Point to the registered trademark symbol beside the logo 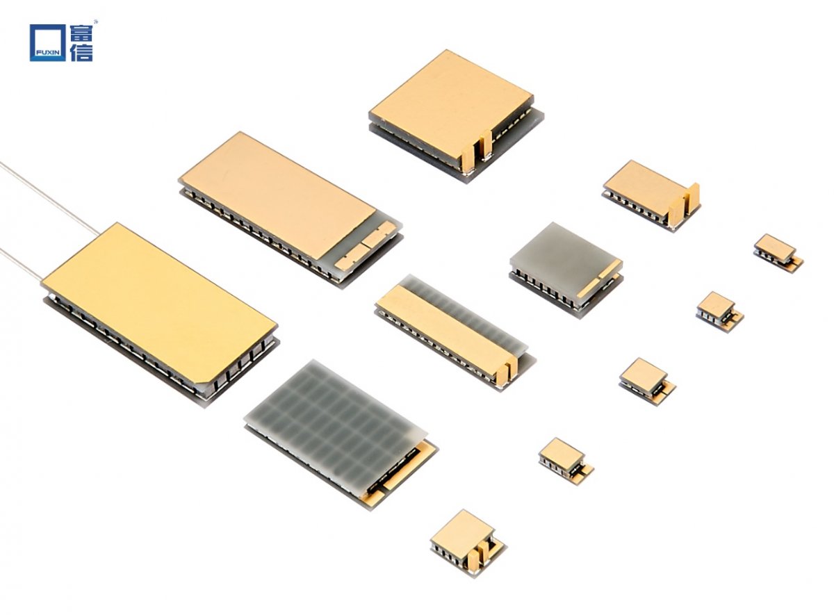[96, 22]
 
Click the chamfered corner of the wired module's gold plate [203, 386]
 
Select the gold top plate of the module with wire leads [158, 305]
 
